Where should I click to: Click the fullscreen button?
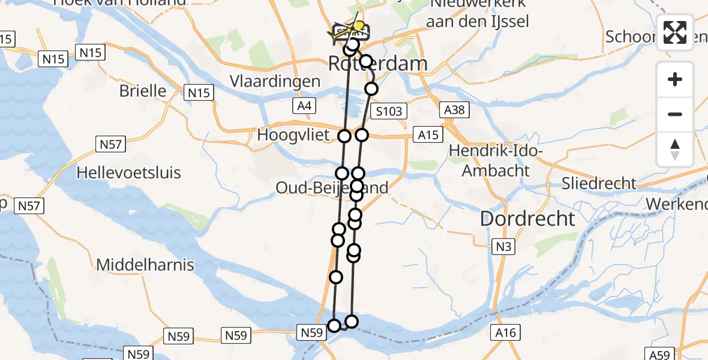tap(675, 32)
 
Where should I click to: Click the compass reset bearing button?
tap(675, 149)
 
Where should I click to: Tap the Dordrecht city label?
tap(527, 218)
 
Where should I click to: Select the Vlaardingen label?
tap(275, 81)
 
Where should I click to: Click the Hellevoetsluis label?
tap(129, 173)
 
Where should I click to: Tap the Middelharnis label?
tap(145, 264)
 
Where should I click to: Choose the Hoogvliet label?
tap(293, 135)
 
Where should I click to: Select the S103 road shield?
tap(389, 111)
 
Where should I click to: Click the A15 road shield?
tap(428, 135)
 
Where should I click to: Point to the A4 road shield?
tap(305, 106)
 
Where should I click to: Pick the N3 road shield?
tap(502, 245)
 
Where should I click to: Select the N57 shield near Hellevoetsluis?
tap(109, 143)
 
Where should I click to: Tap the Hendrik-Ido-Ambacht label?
tap(496, 161)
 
